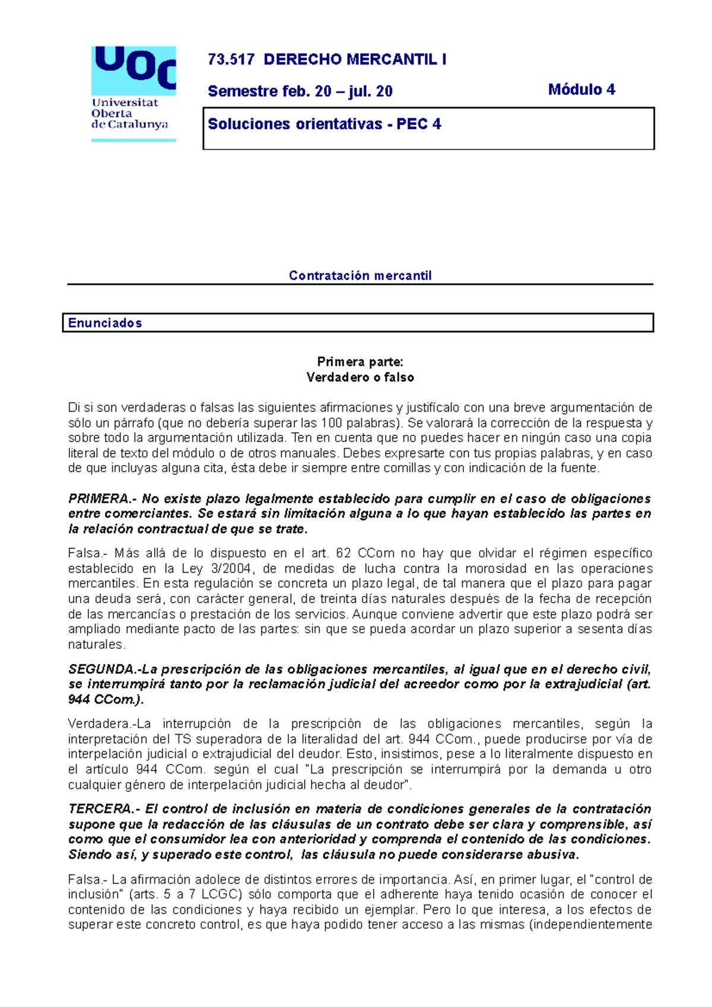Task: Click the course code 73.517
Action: (x=231, y=60)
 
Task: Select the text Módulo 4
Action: (x=581, y=90)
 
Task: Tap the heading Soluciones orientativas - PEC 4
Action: (x=324, y=125)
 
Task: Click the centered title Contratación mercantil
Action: (x=360, y=276)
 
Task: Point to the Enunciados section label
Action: (x=105, y=323)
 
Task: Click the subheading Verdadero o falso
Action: (x=360, y=378)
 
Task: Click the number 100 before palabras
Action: (x=331, y=423)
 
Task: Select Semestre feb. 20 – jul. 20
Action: (x=300, y=91)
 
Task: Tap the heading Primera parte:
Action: (x=360, y=362)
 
